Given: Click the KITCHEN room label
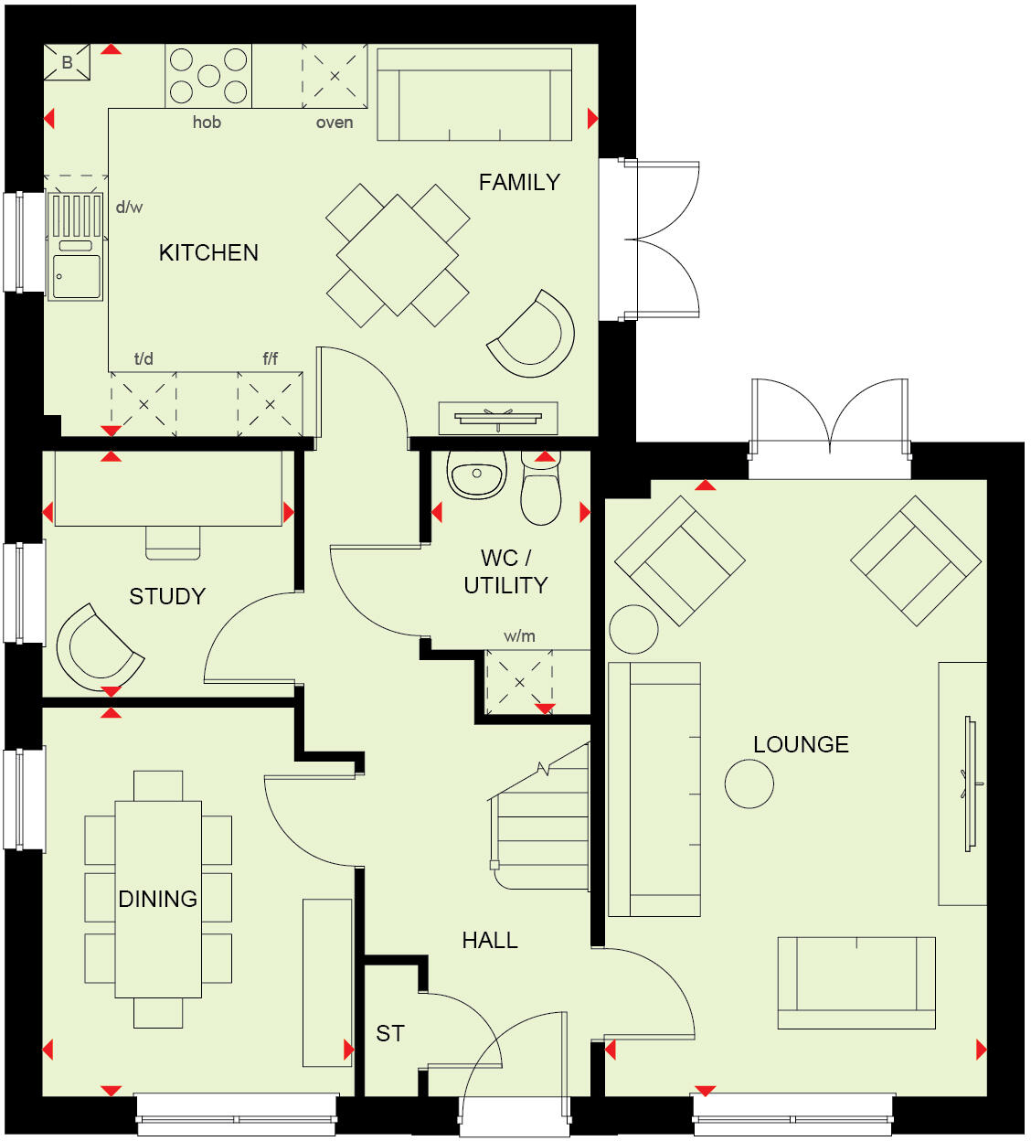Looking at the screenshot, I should (x=208, y=252).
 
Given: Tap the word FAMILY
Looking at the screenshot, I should (x=519, y=182).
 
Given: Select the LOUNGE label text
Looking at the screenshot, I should (x=801, y=744).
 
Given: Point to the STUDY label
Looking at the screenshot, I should (x=167, y=596).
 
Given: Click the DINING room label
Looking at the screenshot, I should (x=158, y=899).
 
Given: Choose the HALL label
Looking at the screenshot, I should (x=490, y=940).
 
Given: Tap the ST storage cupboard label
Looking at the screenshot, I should (x=390, y=1033).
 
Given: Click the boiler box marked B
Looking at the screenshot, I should (x=68, y=63).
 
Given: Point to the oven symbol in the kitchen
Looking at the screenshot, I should (x=335, y=76).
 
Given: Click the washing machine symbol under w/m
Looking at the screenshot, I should (x=519, y=682).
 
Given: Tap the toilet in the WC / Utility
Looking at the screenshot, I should (x=540, y=492).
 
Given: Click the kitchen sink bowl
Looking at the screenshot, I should (x=78, y=276).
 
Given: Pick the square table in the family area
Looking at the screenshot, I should (x=398, y=255).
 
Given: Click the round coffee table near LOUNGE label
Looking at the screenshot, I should (x=749, y=784).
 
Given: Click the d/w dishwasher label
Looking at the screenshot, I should (x=129, y=208).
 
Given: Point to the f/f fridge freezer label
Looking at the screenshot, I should (x=271, y=358).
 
